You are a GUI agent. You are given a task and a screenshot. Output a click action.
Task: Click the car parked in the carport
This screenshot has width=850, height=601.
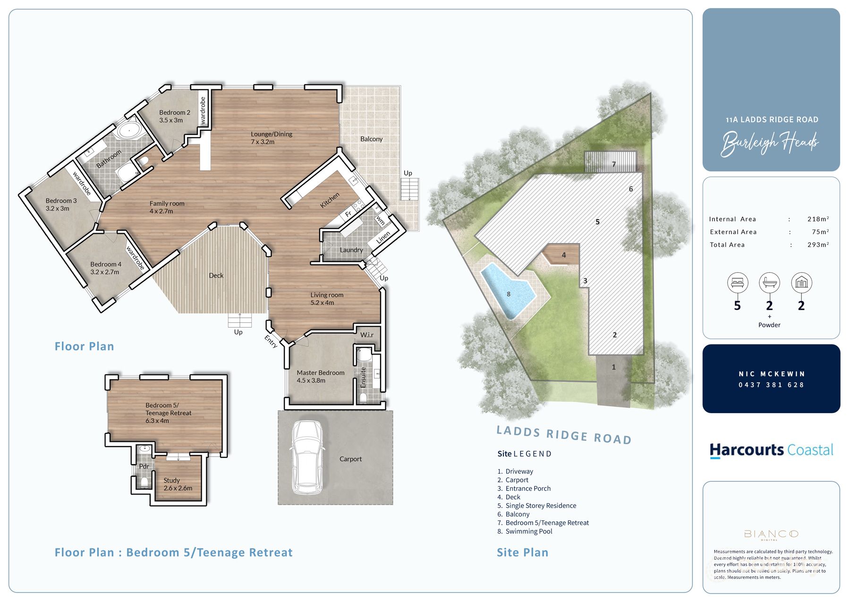pos(307,457)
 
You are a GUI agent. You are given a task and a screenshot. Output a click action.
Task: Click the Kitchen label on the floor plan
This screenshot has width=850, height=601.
pos(330,200)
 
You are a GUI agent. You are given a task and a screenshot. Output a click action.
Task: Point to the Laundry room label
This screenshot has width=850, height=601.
pos(351,250)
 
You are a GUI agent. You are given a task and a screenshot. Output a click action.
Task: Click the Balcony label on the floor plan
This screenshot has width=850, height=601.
pos(371,139)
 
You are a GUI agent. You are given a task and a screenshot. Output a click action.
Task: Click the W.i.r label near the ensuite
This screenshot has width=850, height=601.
pos(367,335)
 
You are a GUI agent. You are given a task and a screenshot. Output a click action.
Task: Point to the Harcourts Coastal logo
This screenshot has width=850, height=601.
pos(771,450)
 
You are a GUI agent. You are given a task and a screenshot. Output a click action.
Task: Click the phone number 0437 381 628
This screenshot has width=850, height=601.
pos(771,385)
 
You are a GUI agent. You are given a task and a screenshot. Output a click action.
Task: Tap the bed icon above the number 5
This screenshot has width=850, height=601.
pos(737,283)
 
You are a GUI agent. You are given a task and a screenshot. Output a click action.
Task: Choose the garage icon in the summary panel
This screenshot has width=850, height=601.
pos(801,283)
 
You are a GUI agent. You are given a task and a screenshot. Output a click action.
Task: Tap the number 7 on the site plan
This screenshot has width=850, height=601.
pos(614,164)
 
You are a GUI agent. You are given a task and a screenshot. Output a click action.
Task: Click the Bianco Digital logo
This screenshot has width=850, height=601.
pos(771,534)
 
